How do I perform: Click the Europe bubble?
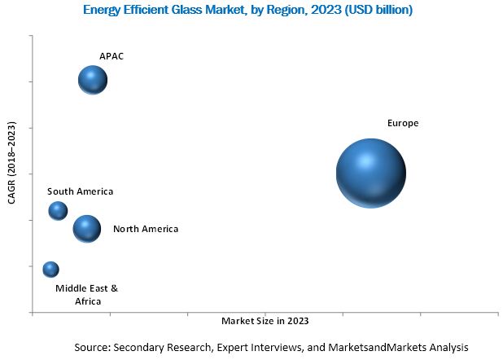(x=371, y=173)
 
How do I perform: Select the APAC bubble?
(x=93, y=80)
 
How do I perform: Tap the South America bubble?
(x=58, y=210)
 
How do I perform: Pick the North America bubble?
(x=86, y=229)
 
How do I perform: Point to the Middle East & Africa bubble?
(x=50, y=269)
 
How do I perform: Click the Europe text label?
(x=403, y=123)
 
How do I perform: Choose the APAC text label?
(x=112, y=56)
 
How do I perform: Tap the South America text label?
(x=80, y=191)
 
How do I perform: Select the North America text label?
(x=146, y=229)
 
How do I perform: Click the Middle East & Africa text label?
(x=86, y=294)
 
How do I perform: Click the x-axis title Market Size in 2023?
(x=265, y=320)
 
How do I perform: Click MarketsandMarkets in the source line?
(x=378, y=346)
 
